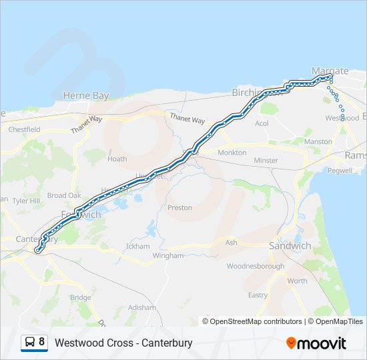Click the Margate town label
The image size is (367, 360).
(330, 71)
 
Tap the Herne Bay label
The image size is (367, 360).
(85, 96)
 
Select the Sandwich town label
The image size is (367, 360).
(290, 246)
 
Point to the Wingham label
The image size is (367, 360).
(167, 255)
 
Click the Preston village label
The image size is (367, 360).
(179, 208)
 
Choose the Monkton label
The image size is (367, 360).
(232, 153)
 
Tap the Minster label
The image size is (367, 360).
(266, 161)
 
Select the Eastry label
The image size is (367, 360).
(258, 295)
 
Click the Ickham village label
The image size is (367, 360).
(139, 247)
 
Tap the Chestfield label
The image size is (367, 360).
(25, 129)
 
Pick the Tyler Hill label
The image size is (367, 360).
(26, 201)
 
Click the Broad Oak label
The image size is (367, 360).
(64, 195)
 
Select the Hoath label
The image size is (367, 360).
(117, 159)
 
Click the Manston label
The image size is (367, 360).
(318, 142)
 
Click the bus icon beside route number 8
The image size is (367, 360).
(30, 343)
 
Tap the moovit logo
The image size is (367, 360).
(316, 343)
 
